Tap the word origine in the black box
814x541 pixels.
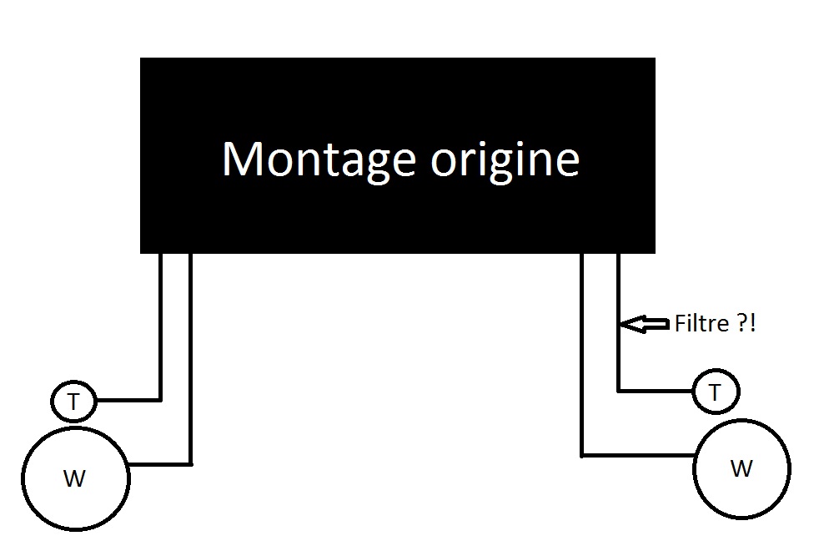click(505, 159)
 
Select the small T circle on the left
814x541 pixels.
click(73, 402)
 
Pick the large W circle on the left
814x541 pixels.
click(75, 478)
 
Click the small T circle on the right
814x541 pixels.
click(715, 391)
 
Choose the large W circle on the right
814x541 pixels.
click(741, 468)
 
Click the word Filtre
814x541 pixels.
click(701, 324)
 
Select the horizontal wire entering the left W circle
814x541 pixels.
click(160, 463)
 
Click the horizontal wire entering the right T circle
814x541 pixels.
click(656, 390)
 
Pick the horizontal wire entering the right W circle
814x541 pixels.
click(638, 455)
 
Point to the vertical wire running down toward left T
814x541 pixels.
click(160, 326)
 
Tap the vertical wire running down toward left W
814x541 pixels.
click(191, 359)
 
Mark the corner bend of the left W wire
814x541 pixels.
click(191, 463)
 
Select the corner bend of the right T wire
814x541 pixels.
click(618, 390)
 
